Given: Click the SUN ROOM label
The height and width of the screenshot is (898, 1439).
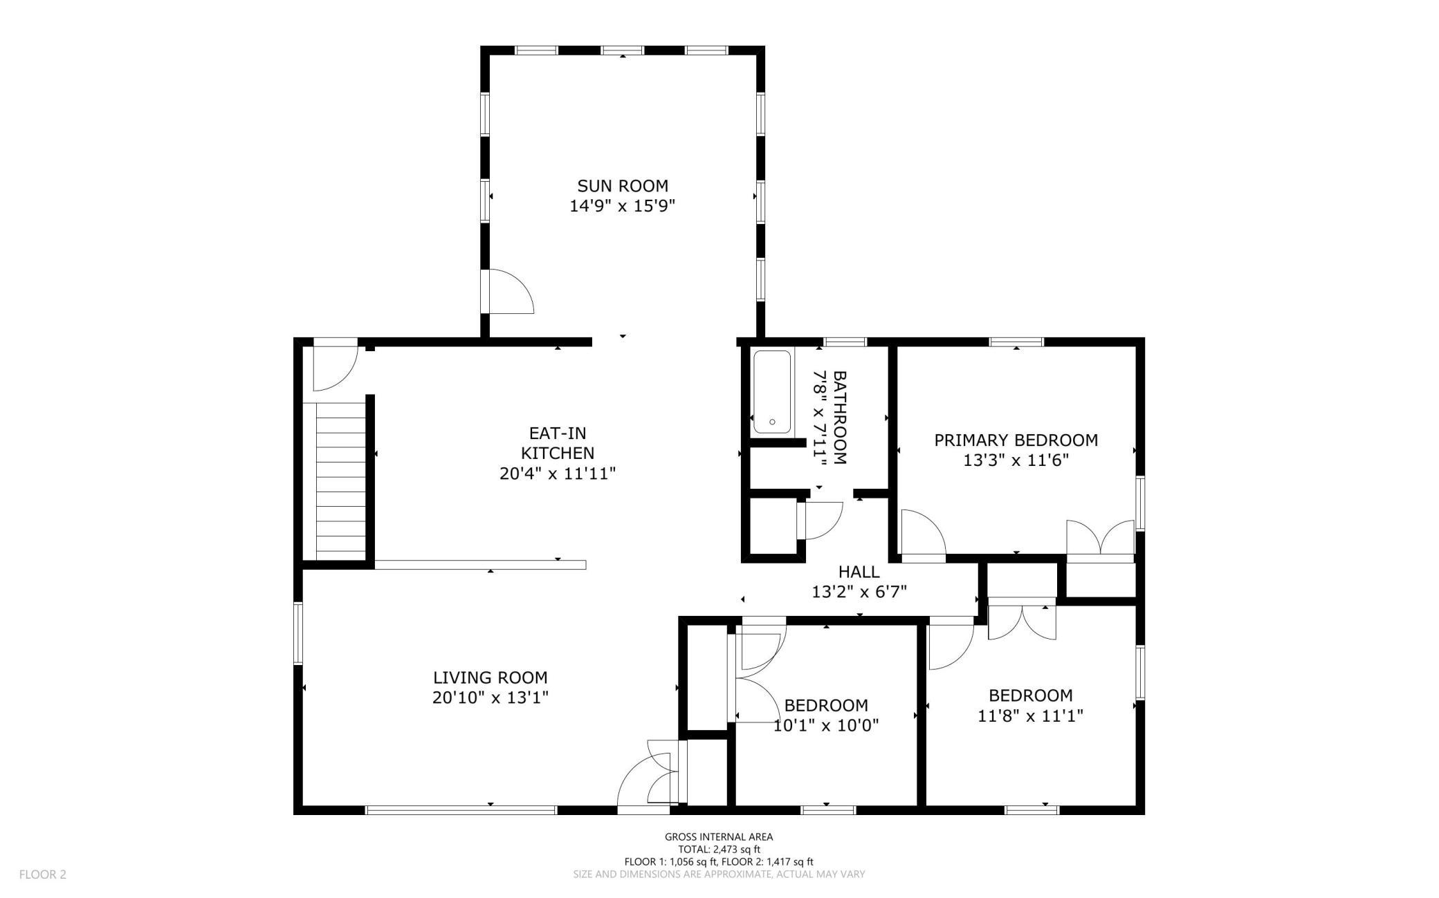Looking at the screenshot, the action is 623,186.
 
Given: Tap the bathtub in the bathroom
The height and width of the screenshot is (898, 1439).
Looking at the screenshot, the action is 772,392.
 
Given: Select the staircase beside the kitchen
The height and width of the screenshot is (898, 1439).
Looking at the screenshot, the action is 340,482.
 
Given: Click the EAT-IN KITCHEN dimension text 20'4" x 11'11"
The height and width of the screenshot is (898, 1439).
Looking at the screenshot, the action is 558,474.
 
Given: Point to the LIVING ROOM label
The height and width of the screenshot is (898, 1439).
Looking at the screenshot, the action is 491,678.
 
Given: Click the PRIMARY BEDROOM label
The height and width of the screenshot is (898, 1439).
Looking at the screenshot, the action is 1016,440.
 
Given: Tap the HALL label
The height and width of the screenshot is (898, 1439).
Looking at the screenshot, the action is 859,572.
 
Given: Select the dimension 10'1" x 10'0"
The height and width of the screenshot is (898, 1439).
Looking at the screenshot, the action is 826,725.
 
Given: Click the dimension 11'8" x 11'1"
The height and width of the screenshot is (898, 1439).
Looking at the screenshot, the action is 1030,715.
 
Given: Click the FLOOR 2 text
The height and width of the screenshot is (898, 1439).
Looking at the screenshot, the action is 43,874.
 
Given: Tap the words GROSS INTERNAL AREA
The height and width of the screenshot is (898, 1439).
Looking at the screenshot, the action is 719,836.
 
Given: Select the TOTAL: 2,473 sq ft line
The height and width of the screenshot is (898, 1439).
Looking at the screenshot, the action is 719,849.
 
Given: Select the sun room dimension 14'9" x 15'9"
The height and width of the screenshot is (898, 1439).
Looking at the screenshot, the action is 623,206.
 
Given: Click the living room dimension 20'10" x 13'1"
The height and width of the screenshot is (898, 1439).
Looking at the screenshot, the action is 491,698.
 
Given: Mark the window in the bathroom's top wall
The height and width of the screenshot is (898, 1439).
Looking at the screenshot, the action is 845,342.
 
